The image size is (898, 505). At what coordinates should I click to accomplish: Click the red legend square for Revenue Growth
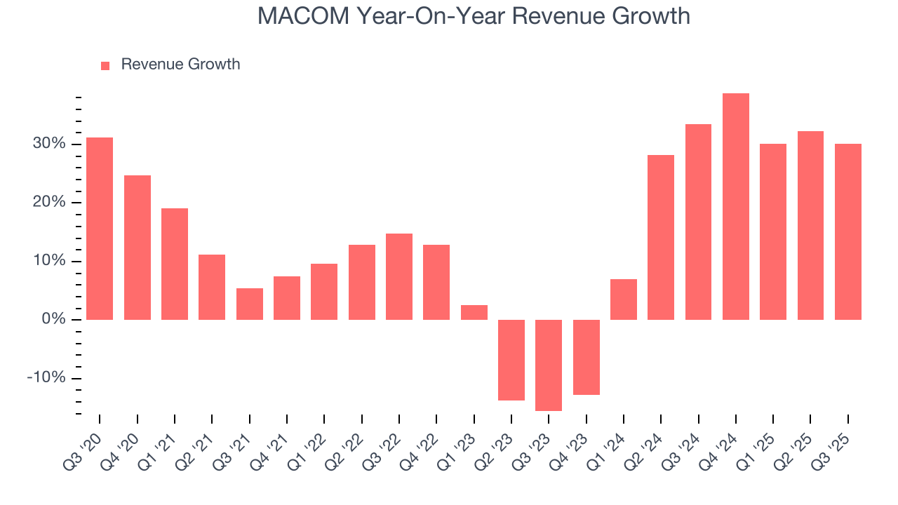pyautogui.click(x=105, y=65)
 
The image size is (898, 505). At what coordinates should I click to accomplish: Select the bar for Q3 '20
pyautogui.click(x=100, y=229)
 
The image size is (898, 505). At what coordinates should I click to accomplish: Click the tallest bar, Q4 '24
pyautogui.click(x=736, y=207)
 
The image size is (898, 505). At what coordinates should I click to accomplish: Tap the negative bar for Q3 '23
pyautogui.click(x=549, y=365)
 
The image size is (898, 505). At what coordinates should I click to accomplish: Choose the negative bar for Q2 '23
pyautogui.click(x=511, y=360)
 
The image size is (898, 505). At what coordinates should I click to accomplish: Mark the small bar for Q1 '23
pyautogui.click(x=474, y=313)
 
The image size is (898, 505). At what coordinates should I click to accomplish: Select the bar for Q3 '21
pyautogui.click(x=250, y=304)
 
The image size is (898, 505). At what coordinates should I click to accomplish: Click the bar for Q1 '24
pyautogui.click(x=624, y=299)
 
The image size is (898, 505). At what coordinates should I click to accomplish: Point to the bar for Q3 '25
pyautogui.click(x=848, y=231)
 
